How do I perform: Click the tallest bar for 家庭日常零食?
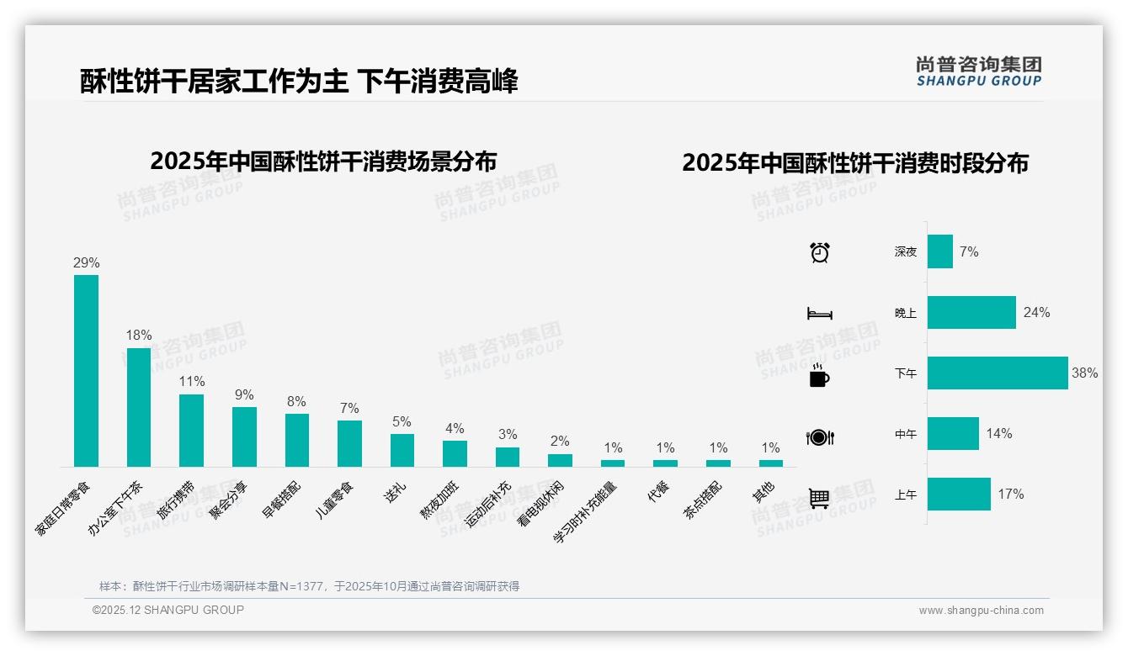tap(86, 370)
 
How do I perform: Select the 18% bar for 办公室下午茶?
tap(139, 407)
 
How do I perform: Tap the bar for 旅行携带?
tap(191, 430)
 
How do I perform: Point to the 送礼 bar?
tap(402, 450)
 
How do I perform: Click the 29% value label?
tap(86, 263)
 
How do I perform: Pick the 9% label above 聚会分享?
tap(244, 395)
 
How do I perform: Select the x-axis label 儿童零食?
tap(333, 500)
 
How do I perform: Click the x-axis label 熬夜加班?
tap(439, 502)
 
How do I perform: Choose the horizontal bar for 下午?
tap(998, 373)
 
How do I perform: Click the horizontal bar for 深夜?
tap(940, 251)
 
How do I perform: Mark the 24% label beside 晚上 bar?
tap(1036, 313)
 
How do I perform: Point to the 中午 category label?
tap(906, 435)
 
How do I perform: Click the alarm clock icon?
tap(819, 252)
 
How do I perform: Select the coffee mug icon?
tap(819, 375)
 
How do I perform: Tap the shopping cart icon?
tap(819, 498)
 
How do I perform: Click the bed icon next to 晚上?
tap(819, 314)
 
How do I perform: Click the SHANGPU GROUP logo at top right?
tap(978, 71)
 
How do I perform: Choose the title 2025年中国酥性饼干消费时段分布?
tap(855, 162)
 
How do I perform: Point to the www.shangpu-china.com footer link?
tap(981, 611)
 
